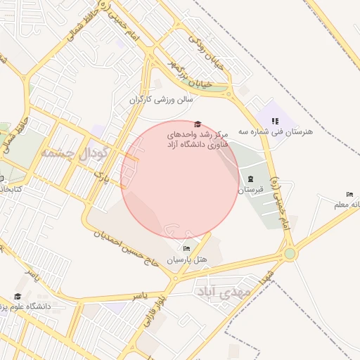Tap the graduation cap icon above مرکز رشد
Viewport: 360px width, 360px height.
[197, 124]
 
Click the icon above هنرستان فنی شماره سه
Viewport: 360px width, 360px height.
[275, 121]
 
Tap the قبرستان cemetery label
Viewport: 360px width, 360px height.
[251, 189]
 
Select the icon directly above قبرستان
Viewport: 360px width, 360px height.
[251, 179]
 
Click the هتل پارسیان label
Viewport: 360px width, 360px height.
[187, 260]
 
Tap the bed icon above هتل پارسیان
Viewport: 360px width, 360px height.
[186, 249]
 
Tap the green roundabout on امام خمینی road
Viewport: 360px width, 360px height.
[290, 254]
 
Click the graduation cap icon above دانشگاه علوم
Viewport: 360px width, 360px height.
[18, 297]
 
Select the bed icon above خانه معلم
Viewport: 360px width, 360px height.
[349, 194]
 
